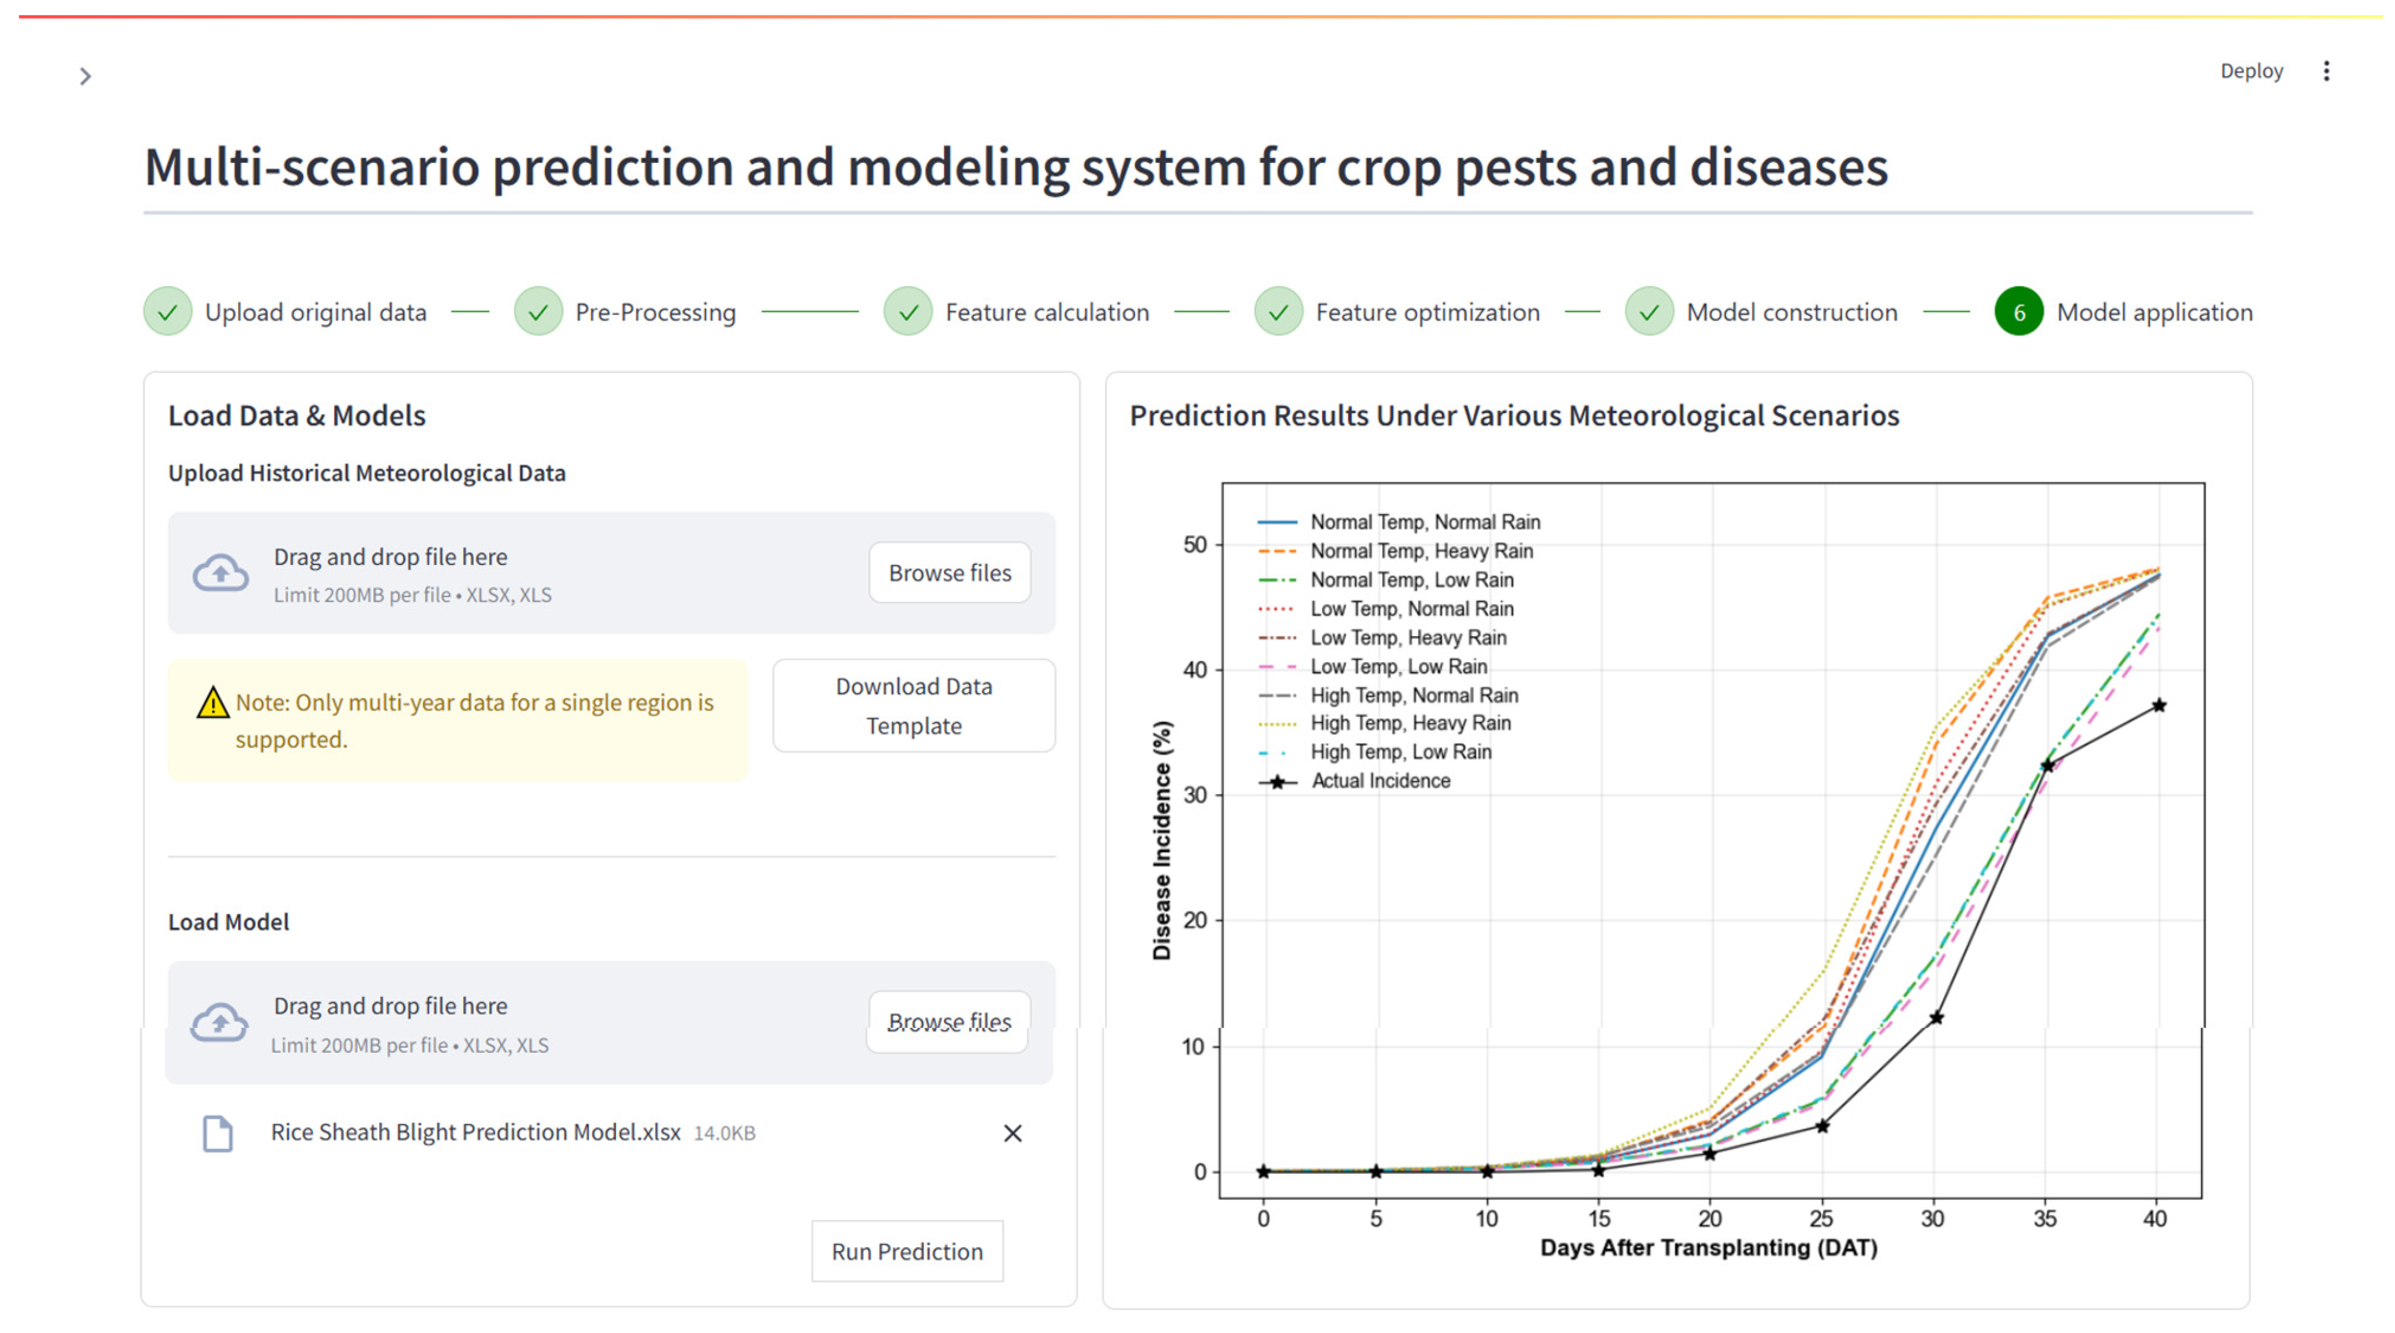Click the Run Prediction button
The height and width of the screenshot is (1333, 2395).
(x=906, y=1251)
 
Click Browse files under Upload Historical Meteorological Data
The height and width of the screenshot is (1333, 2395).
(x=949, y=572)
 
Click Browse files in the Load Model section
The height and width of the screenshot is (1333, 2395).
(x=948, y=1021)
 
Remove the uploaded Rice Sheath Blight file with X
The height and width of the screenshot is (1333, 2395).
(x=1012, y=1133)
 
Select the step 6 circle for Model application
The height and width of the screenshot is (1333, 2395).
(x=2018, y=312)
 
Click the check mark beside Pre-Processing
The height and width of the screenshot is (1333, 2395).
(x=538, y=312)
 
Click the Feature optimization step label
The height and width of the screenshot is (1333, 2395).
(x=1427, y=312)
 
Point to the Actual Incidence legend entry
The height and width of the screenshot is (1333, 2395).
(x=1380, y=781)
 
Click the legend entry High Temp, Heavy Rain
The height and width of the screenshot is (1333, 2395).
(x=1410, y=723)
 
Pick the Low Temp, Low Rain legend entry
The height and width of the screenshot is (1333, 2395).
(x=1399, y=666)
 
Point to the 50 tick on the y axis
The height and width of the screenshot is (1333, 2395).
(x=1194, y=545)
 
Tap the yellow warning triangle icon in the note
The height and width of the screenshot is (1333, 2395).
(x=213, y=703)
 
